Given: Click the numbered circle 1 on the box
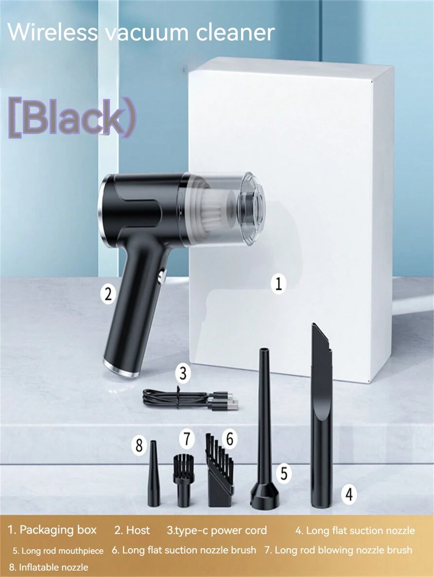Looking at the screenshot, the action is pyautogui.click(x=278, y=284).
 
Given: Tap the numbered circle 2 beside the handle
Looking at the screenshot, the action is pyautogui.click(x=108, y=294).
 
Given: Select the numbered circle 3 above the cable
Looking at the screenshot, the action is pyautogui.click(x=183, y=373).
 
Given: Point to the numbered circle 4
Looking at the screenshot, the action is pyautogui.click(x=349, y=494).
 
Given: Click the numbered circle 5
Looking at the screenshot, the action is pyautogui.click(x=284, y=473).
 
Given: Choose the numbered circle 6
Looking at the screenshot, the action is pyautogui.click(x=230, y=438).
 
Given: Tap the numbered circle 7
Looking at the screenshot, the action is pyautogui.click(x=187, y=439).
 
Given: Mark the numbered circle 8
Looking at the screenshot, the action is pyautogui.click(x=139, y=446).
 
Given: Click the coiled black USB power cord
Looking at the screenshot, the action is pyautogui.click(x=190, y=399).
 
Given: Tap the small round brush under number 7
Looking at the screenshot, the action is pyautogui.click(x=183, y=481).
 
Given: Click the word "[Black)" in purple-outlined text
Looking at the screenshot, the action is pyautogui.click(x=72, y=117).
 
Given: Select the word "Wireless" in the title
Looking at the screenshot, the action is pyautogui.click(x=53, y=32).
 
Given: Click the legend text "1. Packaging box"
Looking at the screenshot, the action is pyautogui.click(x=52, y=530).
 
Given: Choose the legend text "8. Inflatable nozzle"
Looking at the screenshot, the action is pyautogui.click(x=48, y=567).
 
